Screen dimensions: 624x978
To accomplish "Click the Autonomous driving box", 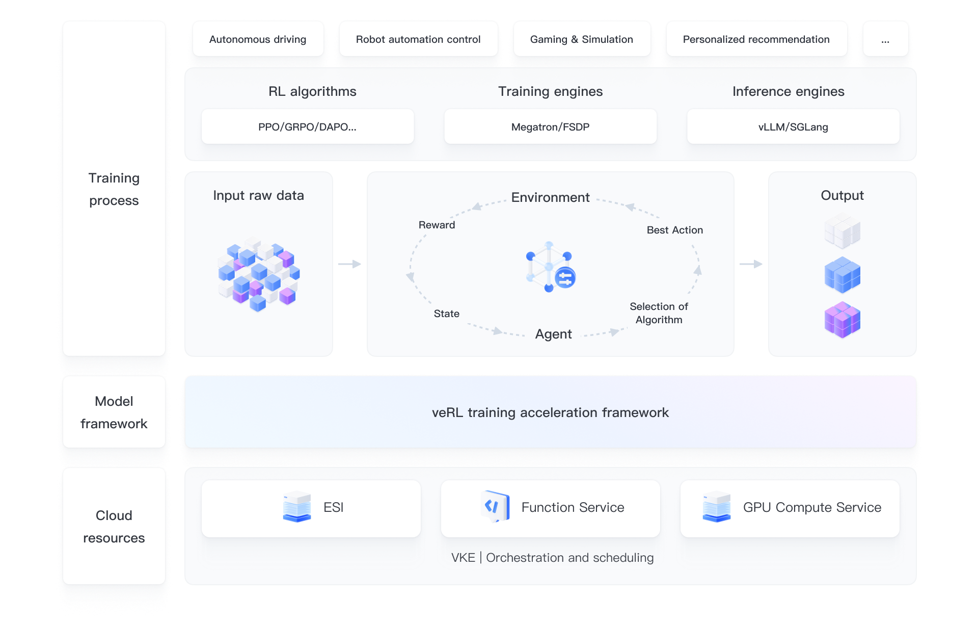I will [x=258, y=39].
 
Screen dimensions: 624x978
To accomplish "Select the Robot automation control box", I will [x=418, y=39].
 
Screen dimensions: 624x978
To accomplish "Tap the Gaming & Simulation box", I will [x=582, y=39].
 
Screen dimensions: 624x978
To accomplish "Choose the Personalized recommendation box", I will [x=756, y=39].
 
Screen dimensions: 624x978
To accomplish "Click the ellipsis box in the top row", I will [x=885, y=39].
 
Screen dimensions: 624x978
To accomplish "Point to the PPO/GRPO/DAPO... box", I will [x=308, y=127].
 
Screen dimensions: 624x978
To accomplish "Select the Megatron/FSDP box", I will [x=550, y=127].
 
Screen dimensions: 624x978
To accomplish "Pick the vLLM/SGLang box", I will [x=793, y=127].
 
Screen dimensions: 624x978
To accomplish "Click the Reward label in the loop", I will [x=437, y=225].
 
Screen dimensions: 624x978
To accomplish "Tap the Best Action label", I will [x=675, y=230].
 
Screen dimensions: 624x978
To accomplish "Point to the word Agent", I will [x=553, y=334].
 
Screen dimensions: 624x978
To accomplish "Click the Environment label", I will [x=550, y=197].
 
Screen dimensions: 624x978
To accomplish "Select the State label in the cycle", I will [x=447, y=314].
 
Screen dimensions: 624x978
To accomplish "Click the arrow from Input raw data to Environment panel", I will [x=350, y=264].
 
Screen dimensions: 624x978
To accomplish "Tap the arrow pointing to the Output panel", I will [x=751, y=264].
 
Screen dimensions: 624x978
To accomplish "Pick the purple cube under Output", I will [x=843, y=320].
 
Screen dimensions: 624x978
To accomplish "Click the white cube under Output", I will [x=843, y=231].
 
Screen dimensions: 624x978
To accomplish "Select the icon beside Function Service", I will [x=495, y=506].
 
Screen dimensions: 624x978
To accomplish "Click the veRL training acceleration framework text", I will [x=550, y=412].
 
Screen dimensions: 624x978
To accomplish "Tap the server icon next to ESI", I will [x=297, y=507].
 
